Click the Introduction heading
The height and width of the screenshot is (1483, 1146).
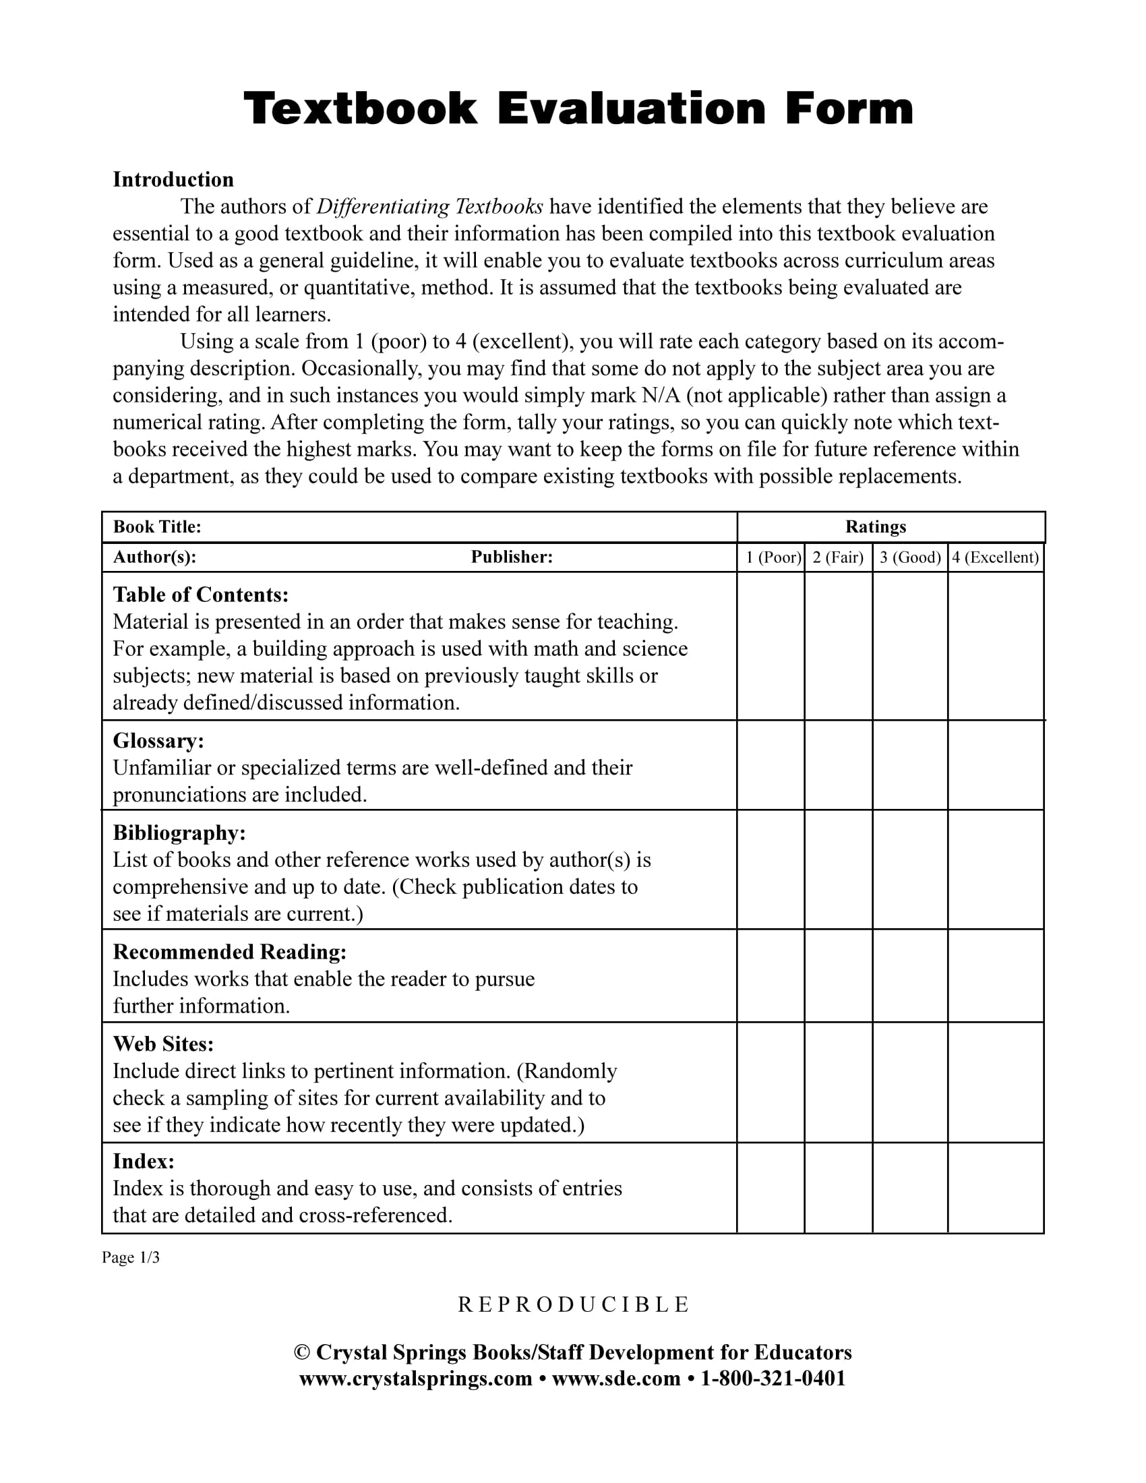(x=173, y=179)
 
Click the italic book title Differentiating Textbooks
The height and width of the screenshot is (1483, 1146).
(x=430, y=206)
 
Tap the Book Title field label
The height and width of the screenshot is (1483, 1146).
(x=157, y=527)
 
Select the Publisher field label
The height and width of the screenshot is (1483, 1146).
(x=512, y=557)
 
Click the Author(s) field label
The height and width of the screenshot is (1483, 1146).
(x=155, y=557)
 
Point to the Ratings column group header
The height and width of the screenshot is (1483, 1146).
(x=875, y=527)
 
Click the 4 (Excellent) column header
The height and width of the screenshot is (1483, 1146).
(x=995, y=557)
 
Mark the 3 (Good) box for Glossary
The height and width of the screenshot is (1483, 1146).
(x=910, y=765)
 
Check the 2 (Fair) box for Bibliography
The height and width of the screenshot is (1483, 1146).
(x=839, y=870)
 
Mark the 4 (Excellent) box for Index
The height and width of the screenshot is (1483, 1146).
(x=995, y=1188)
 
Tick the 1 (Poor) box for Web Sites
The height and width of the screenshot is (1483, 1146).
(x=771, y=1083)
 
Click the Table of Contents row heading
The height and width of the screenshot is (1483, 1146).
(x=200, y=595)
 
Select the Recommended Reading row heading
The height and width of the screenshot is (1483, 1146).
(x=229, y=952)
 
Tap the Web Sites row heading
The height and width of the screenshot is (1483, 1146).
(x=163, y=1043)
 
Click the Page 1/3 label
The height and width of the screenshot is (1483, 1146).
(x=130, y=1258)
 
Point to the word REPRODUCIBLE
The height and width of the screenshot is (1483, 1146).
(x=573, y=1304)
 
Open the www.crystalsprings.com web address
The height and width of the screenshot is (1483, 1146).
(x=415, y=1379)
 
